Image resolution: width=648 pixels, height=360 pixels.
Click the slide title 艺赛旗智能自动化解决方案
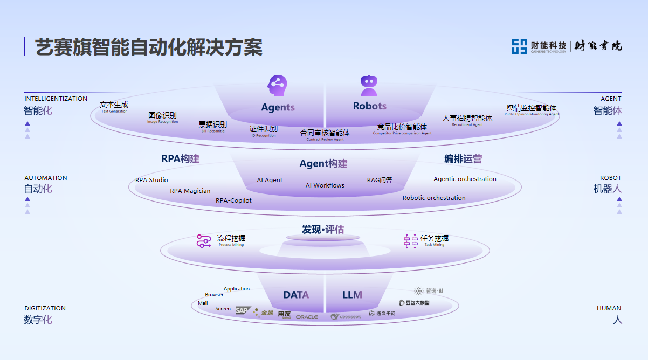pos(149,47)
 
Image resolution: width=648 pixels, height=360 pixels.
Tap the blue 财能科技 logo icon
pos(519,46)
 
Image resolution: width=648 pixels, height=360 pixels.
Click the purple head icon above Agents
pos(278,85)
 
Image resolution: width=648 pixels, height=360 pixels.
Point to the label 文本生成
pos(114,105)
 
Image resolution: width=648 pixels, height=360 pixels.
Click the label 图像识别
pos(162,115)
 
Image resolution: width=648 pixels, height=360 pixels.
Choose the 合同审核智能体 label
pos(325,133)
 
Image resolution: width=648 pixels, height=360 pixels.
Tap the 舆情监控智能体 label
pos(532,108)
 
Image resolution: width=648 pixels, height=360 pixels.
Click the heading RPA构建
pos(180,159)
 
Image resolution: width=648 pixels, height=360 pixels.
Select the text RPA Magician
pos(190,191)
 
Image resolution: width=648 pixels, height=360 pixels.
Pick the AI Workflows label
pos(325,185)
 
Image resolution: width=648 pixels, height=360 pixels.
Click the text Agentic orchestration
pos(465,179)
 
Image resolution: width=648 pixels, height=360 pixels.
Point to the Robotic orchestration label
pos(434,198)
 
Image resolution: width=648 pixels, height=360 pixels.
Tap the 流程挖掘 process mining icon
pos(203,241)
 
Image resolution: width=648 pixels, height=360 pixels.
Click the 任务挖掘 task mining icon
pos(411,241)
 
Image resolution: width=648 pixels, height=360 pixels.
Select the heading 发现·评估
pos(323,230)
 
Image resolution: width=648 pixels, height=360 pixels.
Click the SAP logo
pos(243,310)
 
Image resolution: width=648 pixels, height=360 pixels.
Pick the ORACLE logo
pos(307,317)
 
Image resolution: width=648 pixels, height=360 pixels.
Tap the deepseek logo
pos(346,317)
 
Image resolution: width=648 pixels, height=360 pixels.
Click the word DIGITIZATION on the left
pos(45,308)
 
